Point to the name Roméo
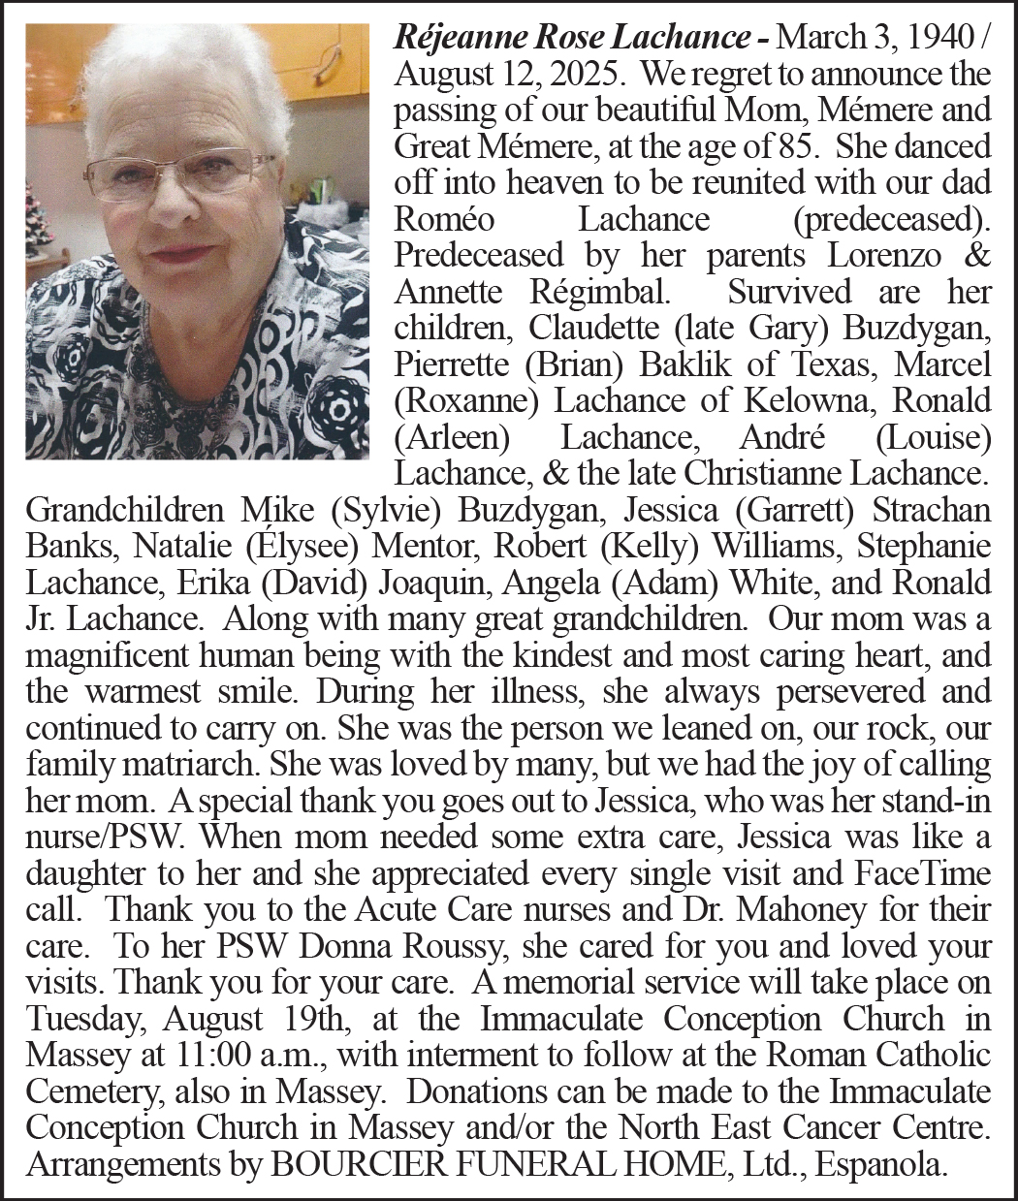[x=444, y=219]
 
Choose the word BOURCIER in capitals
[x=346, y=1163]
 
